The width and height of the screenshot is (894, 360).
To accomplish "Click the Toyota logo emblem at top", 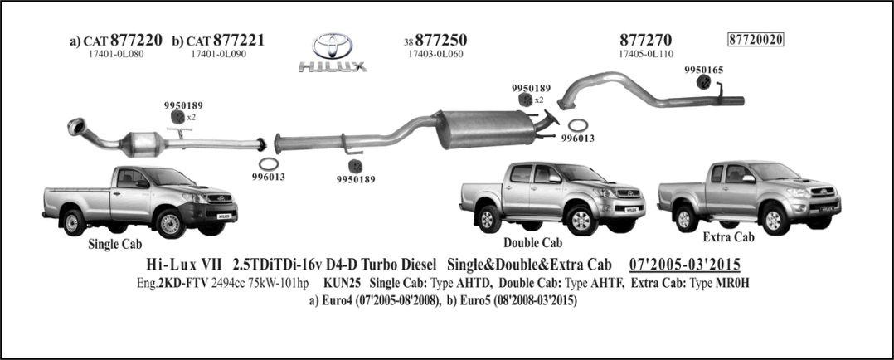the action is point(333,46).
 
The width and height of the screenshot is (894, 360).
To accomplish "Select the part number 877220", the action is point(136,41).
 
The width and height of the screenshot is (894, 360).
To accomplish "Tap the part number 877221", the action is point(238,41).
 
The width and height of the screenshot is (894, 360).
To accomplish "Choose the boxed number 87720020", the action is point(756,39).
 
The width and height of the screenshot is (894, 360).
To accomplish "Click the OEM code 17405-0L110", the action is point(646,54).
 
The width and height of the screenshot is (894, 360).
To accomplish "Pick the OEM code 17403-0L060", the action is point(435,54).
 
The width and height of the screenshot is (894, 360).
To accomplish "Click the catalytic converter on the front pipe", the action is point(144,144).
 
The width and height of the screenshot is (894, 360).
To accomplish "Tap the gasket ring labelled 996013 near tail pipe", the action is point(579,125).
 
